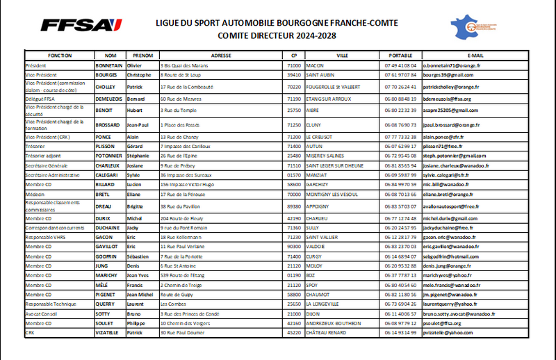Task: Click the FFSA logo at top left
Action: pyautogui.click(x=81, y=25)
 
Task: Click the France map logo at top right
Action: pyautogui.click(x=475, y=26)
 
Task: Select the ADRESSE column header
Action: pyautogui.click(x=220, y=54)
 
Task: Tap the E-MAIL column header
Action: pyautogui.click(x=475, y=54)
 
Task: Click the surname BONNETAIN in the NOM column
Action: pyautogui.click(x=109, y=65)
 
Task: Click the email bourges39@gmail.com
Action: pyautogui.click(x=448, y=74)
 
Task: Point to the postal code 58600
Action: pyautogui.click(x=294, y=185)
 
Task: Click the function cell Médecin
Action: pyautogui.click(x=35, y=195)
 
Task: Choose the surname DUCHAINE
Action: pyautogui.click(x=109, y=227)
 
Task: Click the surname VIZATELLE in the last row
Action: pyautogui.click(x=110, y=333)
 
